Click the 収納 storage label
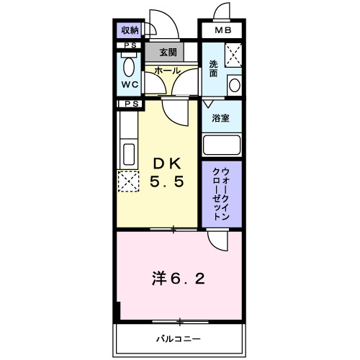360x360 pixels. [130, 30]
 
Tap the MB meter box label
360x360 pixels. [223, 30]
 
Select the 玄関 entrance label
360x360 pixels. [168, 52]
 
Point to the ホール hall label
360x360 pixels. [167, 71]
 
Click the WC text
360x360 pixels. [130, 84]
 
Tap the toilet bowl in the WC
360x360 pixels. [129, 67]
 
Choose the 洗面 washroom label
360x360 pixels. [213, 68]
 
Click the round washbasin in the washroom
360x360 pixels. [235, 85]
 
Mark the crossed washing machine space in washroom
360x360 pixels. [233, 55]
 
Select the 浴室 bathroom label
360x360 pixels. [220, 118]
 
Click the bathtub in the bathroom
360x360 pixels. [222, 145]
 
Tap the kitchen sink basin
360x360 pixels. [129, 154]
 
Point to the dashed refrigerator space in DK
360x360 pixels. [129, 181]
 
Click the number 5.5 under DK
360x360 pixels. [167, 181]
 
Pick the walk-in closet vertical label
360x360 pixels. [221, 194]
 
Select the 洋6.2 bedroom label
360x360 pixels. [179, 279]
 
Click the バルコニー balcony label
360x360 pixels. [179, 339]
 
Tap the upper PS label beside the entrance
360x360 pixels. [130, 45]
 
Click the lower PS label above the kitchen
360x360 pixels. [132, 104]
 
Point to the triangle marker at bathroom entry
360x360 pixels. [208, 104]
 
